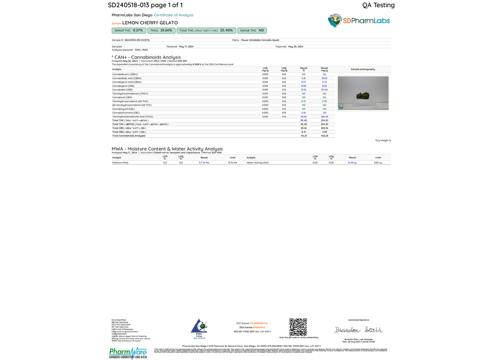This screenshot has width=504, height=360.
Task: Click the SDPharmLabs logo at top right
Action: tap(359, 21)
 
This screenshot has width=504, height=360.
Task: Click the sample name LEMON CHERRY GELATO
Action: tap(150, 23)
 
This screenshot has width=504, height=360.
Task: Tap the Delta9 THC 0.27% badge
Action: tap(129, 31)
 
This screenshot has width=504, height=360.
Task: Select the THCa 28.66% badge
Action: tap(161, 31)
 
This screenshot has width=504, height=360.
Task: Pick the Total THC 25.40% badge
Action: tap(206, 31)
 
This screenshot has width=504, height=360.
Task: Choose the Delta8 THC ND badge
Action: tap(252, 31)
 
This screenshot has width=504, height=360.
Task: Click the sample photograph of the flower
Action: tap(363, 93)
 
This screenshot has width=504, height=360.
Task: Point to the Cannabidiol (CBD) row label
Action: tap(122, 90)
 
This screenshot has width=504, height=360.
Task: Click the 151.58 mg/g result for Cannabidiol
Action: tap(324, 90)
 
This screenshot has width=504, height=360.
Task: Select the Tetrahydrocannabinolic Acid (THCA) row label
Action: tap(133, 117)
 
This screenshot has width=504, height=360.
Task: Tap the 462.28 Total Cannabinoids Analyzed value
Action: tap(324, 136)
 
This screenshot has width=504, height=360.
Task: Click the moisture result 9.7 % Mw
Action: tap(204, 163)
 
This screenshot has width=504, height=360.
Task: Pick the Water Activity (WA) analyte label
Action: tap(257, 163)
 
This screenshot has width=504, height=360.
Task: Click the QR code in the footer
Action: tap(298, 327)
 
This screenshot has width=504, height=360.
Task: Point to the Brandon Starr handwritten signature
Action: tap(358, 330)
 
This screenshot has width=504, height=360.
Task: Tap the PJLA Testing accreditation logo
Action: tap(199, 328)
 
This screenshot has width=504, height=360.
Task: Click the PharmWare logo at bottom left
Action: tap(128, 353)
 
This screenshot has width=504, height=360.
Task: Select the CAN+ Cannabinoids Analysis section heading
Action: tap(146, 57)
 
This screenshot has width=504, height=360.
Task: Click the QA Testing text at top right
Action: tap(378, 5)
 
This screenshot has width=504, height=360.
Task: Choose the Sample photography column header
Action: tap(363, 69)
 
